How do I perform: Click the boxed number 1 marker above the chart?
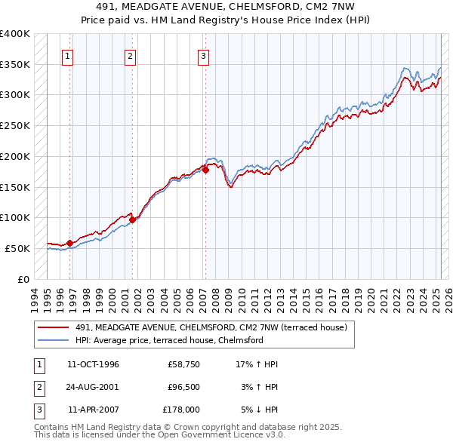point(68,55)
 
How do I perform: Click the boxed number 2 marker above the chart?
point(130,55)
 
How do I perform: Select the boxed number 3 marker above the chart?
point(204,55)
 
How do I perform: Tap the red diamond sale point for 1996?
point(69,243)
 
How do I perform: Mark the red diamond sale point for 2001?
point(132,219)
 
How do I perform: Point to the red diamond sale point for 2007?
point(205,170)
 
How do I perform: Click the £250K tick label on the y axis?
point(15,125)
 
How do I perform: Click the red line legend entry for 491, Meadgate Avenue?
point(211,327)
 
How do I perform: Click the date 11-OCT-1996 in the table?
point(93,364)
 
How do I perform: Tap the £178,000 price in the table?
point(181,410)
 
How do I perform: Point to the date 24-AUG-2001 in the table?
point(93,388)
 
